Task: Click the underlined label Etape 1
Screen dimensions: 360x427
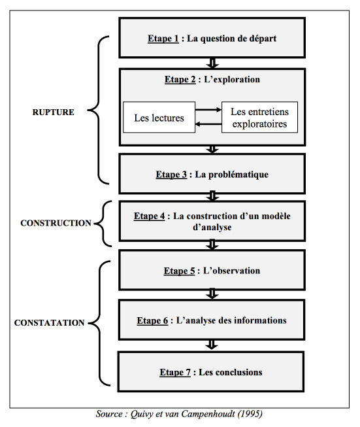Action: pos(163,39)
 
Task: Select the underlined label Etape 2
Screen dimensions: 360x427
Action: pos(180,80)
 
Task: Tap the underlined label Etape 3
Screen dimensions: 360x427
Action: pos(171,175)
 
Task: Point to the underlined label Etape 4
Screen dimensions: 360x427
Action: pos(149,216)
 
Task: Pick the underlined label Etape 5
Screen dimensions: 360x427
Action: pos(179,271)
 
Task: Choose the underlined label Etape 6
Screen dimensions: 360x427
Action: pos(152,320)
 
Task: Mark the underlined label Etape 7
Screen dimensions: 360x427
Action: pos(175,372)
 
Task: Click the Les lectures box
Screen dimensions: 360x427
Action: pos(159,117)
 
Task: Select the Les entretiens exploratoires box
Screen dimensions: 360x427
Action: pos(259,117)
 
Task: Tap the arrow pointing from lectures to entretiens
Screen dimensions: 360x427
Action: pos(208,110)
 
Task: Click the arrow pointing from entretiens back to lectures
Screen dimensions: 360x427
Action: pos(208,124)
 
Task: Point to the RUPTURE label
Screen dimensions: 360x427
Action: pos(54,112)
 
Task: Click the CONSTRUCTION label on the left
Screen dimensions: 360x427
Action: pos(56,223)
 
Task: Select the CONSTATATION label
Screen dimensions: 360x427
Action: pos(49,322)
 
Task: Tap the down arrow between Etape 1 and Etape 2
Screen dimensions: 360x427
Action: pos(212,63)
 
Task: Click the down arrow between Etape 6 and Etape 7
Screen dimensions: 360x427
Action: pos(212,345)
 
